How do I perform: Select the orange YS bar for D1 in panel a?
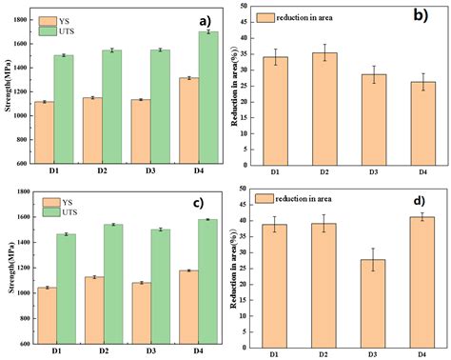click(x=44, y=132)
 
